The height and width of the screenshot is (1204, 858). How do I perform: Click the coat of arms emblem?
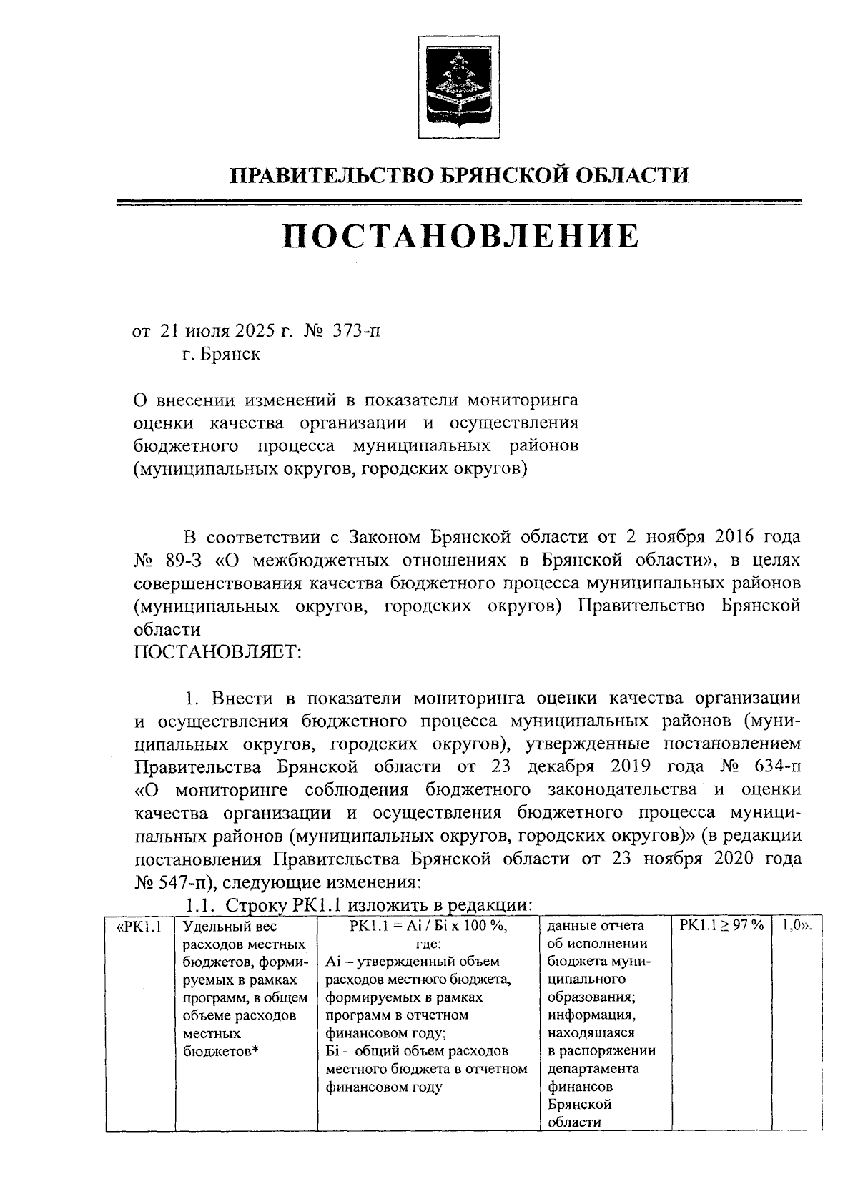pyautogui.click(x=458, y=89)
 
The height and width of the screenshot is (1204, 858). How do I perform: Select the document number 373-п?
pyautogui.click(x=356, y=332)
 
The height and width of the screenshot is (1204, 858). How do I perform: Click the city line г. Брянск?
pyautogui.click(x=221, y=355)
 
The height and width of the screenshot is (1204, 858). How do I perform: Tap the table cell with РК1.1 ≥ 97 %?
pyautogui.click(x=721, y=926)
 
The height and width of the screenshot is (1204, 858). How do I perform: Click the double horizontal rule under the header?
pyautogui.click(x=458, y=203)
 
